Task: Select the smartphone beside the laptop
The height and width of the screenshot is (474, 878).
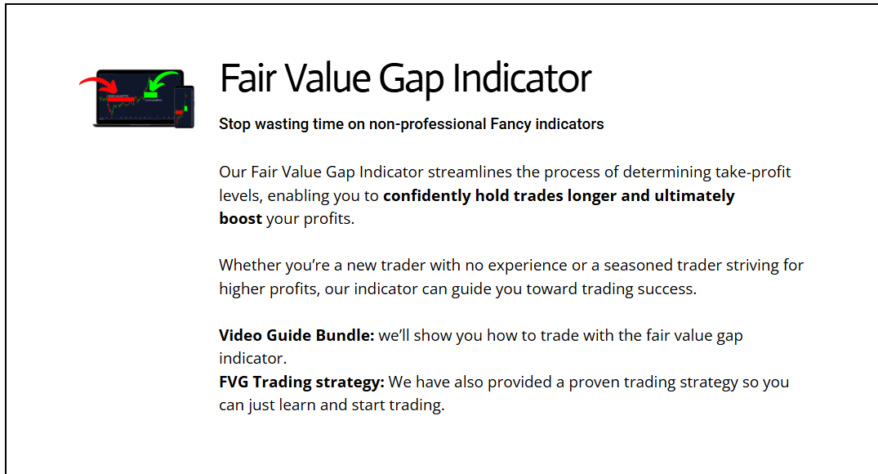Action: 184,106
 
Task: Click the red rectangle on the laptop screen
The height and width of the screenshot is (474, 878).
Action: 120,99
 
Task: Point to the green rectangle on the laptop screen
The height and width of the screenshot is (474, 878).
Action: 151,96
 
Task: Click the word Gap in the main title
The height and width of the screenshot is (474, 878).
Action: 411,79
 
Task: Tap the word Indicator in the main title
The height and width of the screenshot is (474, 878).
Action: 522,78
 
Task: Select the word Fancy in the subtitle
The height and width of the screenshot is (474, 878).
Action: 510,124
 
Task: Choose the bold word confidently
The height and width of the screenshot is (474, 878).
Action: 426,195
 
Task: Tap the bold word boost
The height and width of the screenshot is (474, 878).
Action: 240,218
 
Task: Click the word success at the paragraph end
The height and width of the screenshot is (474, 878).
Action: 662,289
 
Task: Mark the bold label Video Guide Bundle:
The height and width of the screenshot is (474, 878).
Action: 296,335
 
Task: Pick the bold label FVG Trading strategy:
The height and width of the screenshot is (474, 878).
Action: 301,382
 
